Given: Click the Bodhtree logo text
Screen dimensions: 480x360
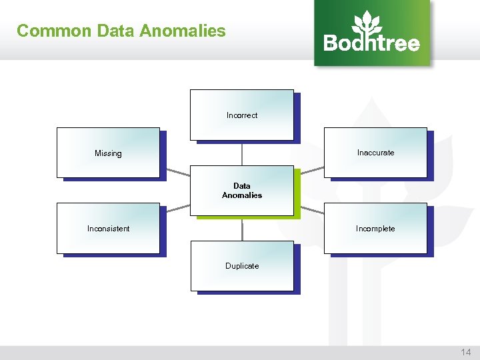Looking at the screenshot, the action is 371,43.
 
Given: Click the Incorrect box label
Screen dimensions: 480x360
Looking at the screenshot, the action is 242,115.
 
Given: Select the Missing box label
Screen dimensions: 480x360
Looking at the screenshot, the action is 108,153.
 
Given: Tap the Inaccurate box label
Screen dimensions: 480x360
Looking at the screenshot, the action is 375,153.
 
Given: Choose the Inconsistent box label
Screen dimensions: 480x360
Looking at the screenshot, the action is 108,229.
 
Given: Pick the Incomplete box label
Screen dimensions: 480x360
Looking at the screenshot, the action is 375,229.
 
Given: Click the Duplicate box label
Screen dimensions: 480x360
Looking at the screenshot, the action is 242,266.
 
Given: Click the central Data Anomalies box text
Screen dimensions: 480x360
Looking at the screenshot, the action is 242,191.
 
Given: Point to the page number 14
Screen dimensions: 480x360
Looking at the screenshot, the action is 465,352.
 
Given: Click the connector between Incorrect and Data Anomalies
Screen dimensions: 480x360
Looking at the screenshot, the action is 242,153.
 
